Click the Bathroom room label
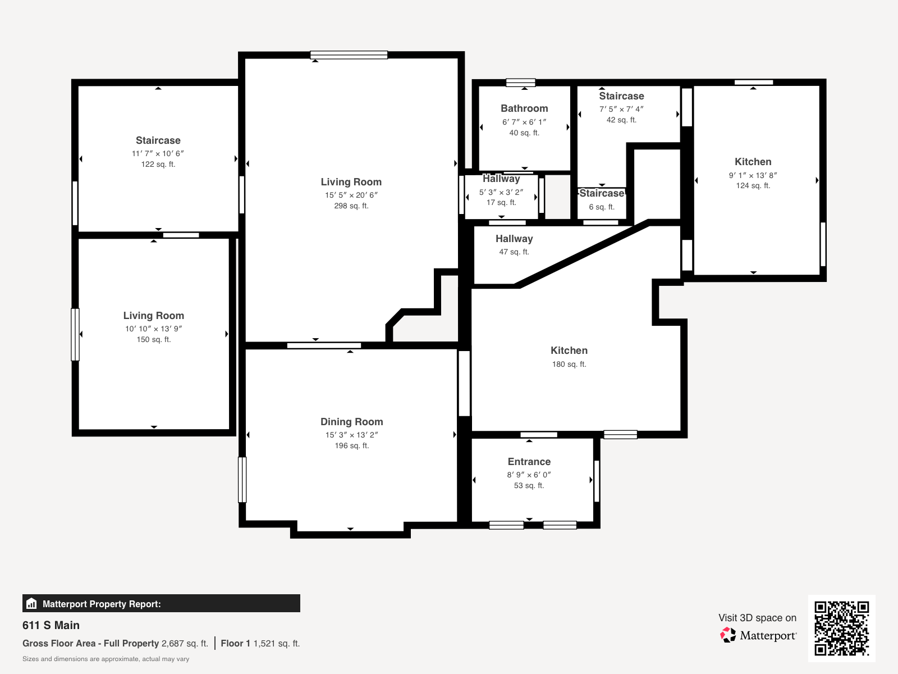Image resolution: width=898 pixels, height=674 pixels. (524, 108)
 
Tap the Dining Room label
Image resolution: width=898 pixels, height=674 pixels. (351, 422)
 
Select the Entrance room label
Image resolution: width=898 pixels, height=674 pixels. (529, 462)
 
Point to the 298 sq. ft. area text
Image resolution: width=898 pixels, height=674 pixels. (351, 206)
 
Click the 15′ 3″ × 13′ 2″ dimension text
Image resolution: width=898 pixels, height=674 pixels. (351, 435)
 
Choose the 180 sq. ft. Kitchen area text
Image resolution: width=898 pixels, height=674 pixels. (569, 364)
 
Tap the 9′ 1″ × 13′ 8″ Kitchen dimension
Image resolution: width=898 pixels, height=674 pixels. (753, 175)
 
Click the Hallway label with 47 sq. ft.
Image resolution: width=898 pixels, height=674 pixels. (514, 239)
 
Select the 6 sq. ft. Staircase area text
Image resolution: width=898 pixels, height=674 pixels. (602, 207)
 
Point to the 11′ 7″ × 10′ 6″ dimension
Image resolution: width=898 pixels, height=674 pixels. (158, 153)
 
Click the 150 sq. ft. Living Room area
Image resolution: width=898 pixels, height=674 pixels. (153, 340)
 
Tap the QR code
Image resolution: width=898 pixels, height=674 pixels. (841, 628)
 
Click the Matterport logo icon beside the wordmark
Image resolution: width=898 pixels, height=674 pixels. (728, 635)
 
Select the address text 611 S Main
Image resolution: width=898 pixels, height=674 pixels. (51, 625)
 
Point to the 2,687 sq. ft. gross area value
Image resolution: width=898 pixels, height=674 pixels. (185, 643)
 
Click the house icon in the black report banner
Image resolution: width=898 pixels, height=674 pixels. (31, 604)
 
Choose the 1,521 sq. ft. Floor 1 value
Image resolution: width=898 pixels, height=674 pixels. (277, 643)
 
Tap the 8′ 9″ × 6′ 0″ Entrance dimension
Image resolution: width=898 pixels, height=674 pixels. (529, 475)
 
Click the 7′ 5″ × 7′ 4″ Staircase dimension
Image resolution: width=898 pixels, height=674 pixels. (621, 110)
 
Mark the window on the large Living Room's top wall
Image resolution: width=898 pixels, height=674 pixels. (349, 55)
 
